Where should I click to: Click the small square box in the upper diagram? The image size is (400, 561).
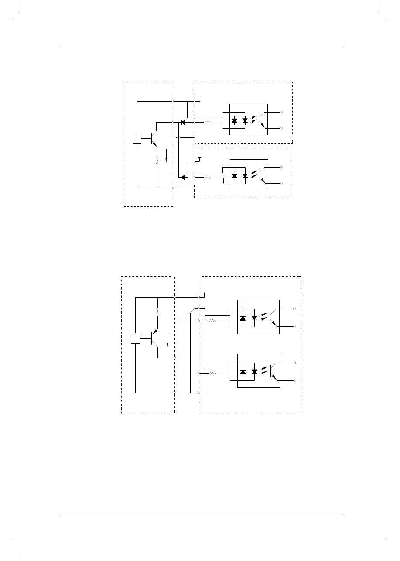pyautogui.click(x=137, y=139)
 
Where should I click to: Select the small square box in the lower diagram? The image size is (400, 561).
pyautogui.click(x=136, y=338)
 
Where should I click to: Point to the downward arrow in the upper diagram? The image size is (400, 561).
pyautogui.click(x=167, y=155)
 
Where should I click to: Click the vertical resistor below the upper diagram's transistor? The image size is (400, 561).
pyautogui.click(x=157, y=160)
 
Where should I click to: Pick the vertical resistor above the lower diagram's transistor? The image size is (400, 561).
pyautogui.click(x=157, y=312)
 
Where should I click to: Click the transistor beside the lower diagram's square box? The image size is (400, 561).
pyautogui.click(x=154, y=338)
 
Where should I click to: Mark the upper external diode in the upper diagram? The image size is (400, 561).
pyautogui.click(x=183, y=123)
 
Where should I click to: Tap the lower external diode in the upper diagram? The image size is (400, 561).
pyautogui.click(x=183, y=177)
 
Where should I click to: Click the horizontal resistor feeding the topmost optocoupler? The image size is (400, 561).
pyautogui.click(x=208, y=123)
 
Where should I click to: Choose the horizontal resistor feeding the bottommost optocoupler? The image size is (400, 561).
pyautogui.click(x=213, y=373)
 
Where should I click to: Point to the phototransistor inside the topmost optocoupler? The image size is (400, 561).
pyautogui.click(x=261, y=119)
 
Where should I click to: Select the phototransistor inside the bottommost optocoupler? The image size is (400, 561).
pyautogui.click(x=273, y=372)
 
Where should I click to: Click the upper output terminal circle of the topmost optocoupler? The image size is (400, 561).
pyautogui.click(x=281, y=112)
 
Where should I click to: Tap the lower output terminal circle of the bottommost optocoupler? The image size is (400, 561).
pyautogui.click(x=295, y=381)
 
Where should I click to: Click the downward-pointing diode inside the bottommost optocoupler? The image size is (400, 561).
pyautogui.click(x=254, y=373)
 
